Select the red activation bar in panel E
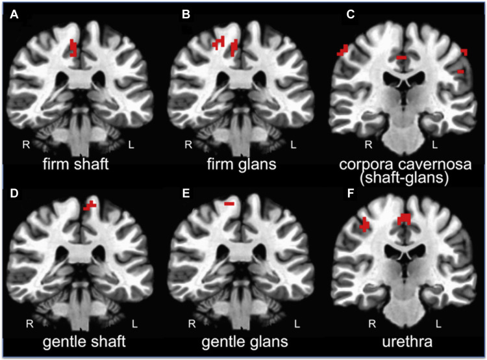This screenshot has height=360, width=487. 229,204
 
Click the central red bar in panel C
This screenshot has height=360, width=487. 402,58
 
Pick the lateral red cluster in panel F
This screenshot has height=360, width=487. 365,225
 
